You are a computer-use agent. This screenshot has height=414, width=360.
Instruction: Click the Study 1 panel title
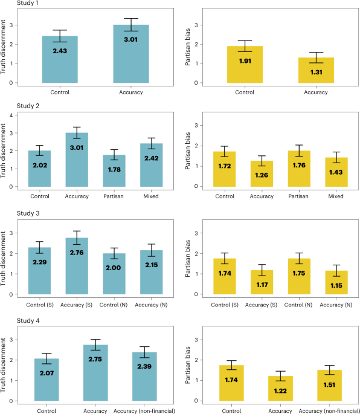[27, 3]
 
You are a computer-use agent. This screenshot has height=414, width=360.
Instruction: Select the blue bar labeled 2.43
[60, 59]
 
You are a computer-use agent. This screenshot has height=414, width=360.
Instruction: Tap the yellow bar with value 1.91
[245, 65]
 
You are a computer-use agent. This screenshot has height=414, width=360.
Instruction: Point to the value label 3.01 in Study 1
[131, 40]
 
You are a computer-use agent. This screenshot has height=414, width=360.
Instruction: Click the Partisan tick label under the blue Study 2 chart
[114, 196]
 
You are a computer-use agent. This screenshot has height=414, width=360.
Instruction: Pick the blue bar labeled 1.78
[114, 170]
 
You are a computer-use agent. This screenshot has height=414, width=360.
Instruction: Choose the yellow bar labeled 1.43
[336, 172]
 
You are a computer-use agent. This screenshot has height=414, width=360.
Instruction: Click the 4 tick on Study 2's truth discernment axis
[11, 115]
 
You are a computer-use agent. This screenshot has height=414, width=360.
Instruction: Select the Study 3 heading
[28, 213]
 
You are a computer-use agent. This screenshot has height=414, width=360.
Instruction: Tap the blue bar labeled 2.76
[77, 266]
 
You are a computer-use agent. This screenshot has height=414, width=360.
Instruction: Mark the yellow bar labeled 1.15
[336, 282]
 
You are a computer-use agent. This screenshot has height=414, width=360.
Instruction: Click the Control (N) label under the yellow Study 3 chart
[298, 305]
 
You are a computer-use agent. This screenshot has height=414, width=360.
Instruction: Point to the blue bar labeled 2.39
[144, 377]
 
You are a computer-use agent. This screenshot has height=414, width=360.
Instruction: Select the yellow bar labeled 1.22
[280, 389]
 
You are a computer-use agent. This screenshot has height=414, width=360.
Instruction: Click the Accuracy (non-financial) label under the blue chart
[144, 411]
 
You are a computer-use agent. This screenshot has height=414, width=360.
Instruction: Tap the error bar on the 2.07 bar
[47, 358]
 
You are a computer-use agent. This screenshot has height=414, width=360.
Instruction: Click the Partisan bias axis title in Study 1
[188, 47]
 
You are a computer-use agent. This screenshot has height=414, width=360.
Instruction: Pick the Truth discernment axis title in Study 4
[3, 365]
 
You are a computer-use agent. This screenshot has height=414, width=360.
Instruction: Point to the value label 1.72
[225, 166]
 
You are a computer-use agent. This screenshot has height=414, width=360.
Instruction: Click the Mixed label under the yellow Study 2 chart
[336, 196]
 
